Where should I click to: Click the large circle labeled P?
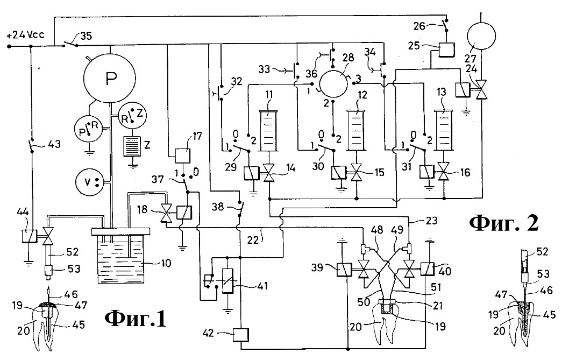point(110,79)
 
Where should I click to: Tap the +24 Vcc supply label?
point(25,35)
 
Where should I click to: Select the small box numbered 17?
point(182,156)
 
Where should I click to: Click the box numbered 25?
point(445,50)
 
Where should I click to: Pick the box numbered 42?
point(241,335)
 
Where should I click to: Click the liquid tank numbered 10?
point(121,256)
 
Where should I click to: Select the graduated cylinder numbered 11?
point(269,131)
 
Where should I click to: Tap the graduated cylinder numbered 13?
point(444,130)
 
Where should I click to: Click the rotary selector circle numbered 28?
point(333,84)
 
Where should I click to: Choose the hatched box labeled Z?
point(132,146)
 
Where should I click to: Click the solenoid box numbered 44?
point(29,236)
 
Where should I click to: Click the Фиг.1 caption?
point(136,319)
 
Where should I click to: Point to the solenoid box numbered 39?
point(344,270)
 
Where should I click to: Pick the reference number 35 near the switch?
point(87,36)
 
